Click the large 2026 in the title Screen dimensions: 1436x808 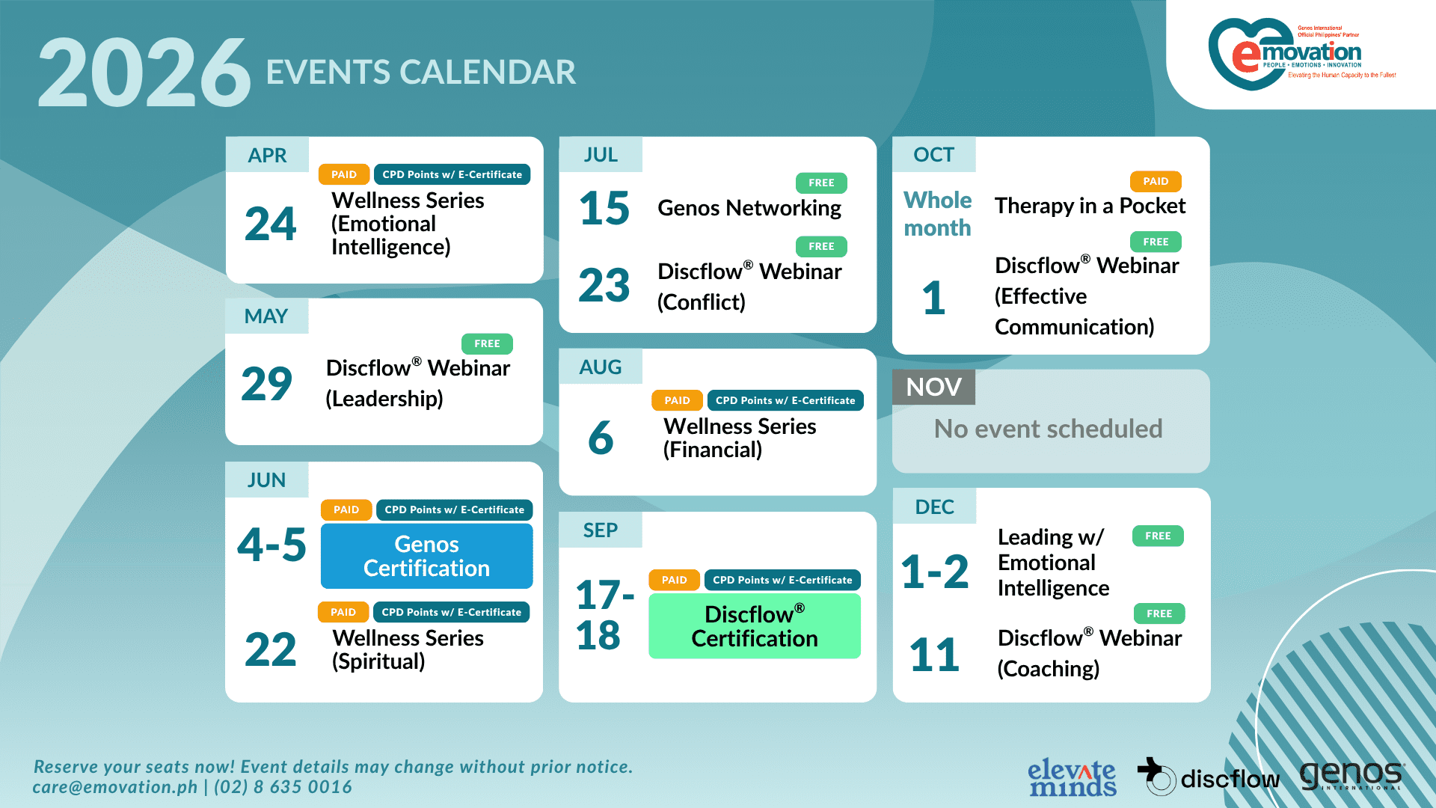click(x=144, y=73)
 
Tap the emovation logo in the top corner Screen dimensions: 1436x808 click(x=1302, y=54)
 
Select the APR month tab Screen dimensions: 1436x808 click(x=267, y=155)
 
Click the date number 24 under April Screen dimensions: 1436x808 click(x=270, y=224)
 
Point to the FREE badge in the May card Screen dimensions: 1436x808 click(x=487, y=343)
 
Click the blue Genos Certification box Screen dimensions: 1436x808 click(x=426, y=556)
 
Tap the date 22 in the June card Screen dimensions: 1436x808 click(x=270, y=649)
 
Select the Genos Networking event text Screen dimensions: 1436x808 click(x=749, y=208)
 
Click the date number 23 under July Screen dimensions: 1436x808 click(x=604, y=285)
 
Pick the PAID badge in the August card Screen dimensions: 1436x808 click(x=677, y=400)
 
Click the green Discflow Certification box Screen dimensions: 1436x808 click(x=755, y=625)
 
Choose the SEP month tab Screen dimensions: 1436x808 click(x=600, y=530)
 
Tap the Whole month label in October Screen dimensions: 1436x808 click(x=937, y=214)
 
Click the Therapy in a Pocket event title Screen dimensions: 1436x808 click(x=1090, y=206)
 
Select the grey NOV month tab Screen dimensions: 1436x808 click(x=933, y=387)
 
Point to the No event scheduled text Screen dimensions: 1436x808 click(x=1048, y=429)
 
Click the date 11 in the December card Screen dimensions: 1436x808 click(x=934, y=655)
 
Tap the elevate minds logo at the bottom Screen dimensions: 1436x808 click(x=1072, y=778)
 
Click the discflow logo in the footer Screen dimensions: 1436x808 click(x=1208, y=777)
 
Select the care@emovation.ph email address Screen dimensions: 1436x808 click(x=115, y=787)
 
